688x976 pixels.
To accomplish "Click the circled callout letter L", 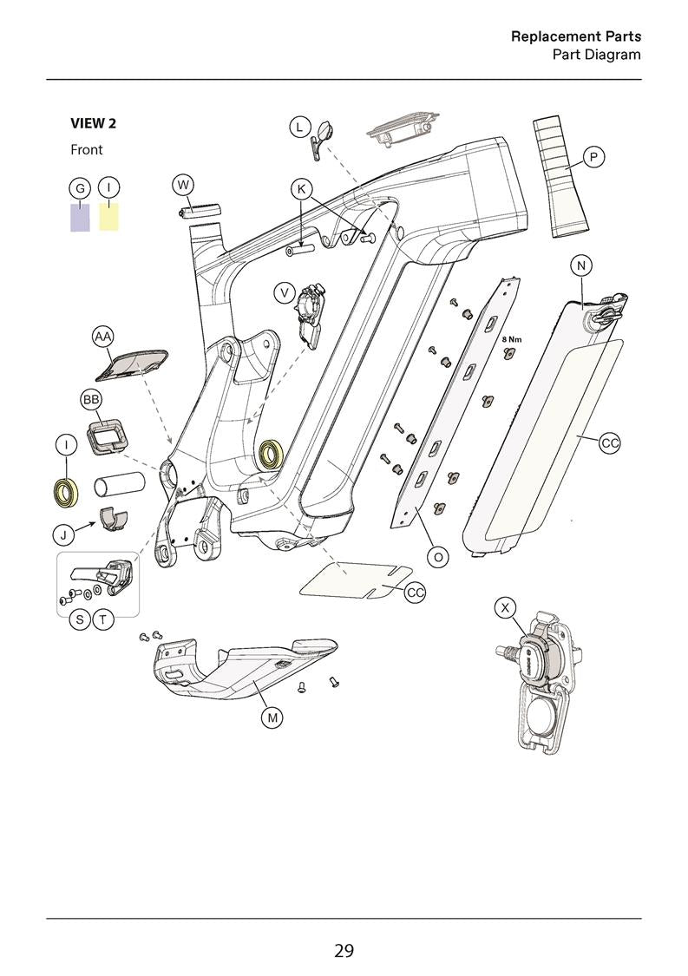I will coord(299,127).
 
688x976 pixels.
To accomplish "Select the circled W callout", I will coord(182,185).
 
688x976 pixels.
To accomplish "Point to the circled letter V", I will coord(285,293).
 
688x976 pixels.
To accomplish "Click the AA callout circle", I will coord(103,336).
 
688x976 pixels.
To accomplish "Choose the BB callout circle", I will coord(91,399).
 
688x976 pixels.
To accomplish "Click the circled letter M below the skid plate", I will coord(272,717).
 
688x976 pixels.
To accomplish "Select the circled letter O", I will coord(439,557).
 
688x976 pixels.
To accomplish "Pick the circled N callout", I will coord(580,266).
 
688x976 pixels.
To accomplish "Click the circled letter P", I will coord(593,157).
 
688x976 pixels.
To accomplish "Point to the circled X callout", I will coord(505,607).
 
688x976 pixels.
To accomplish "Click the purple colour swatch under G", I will coord(80,217).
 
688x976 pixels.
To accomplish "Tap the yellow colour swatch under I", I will coord(108,217).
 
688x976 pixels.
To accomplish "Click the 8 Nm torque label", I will coord(512,339).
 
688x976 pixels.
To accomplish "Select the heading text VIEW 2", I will coord(93,123).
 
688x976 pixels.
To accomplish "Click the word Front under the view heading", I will coord(87,150).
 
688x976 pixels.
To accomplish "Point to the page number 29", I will coord(344,951).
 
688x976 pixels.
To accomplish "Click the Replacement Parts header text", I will coord(575,36).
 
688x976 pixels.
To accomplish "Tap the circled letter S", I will coord(80,619).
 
